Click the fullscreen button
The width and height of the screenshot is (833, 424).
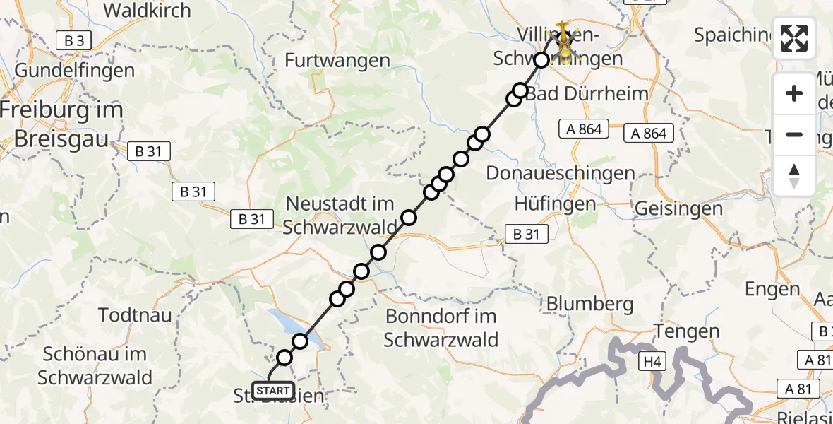pos(794,38)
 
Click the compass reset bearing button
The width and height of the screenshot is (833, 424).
pos(794,176)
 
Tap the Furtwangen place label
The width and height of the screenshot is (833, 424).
pos(339,61)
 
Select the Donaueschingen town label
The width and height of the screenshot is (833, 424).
pos(561,173)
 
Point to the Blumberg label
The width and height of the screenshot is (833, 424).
pos(589,303)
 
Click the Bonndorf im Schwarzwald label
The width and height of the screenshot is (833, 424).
pos(441,328)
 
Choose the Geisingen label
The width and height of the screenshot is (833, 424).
pos(678,208)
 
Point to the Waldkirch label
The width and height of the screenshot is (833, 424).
pos(147,11)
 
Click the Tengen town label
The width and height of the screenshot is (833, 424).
pos(687,331)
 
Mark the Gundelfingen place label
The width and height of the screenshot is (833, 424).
pos(74,71)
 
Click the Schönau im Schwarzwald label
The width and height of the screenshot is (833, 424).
pos(95,365)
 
